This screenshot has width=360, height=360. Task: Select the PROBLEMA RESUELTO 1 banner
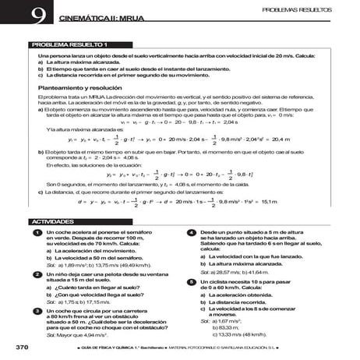[70, 44]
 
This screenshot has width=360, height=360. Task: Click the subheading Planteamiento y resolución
[79, 88]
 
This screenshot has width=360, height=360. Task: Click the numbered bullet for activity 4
[191, 234]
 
